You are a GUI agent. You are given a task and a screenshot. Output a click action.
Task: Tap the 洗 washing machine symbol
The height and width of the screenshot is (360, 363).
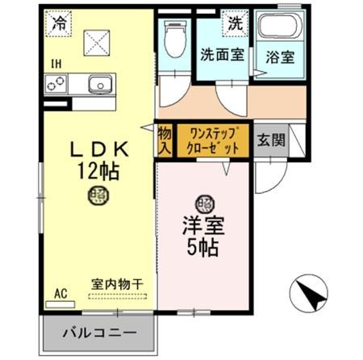click(x=235, y=23)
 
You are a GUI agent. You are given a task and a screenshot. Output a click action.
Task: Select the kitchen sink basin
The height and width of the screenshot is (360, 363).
click(x=99, y=83)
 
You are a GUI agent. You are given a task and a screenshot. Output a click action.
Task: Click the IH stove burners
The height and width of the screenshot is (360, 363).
click(x=57, y=83)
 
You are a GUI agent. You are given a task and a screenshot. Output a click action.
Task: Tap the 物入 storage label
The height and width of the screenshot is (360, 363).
click(x=165, y=140)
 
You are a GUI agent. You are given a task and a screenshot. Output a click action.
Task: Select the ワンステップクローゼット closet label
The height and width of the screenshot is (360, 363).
click(x=209, y=140)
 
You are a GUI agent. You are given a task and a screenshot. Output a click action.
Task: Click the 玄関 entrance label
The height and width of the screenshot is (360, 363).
click(x=269, y=140)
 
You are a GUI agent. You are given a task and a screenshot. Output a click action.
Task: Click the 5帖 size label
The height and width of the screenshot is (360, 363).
click(x=202, y=248)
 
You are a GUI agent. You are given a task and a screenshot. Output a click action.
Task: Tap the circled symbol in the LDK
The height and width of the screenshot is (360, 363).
click(x=98, y=194)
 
